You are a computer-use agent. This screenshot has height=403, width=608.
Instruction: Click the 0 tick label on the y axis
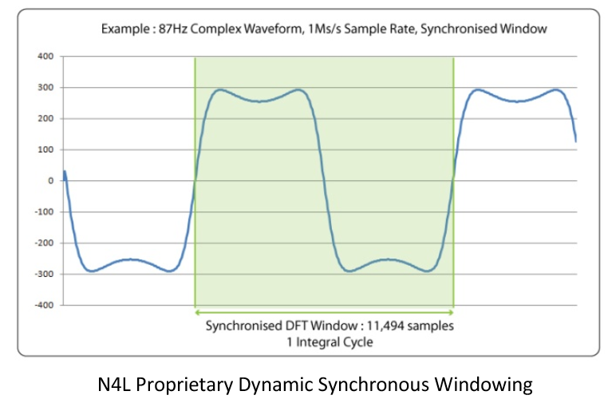click(x=49, y=180)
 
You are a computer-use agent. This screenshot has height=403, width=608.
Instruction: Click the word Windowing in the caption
click(x=483, y=385)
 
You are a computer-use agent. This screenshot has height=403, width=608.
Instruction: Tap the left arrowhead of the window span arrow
click(x=198, y=311)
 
